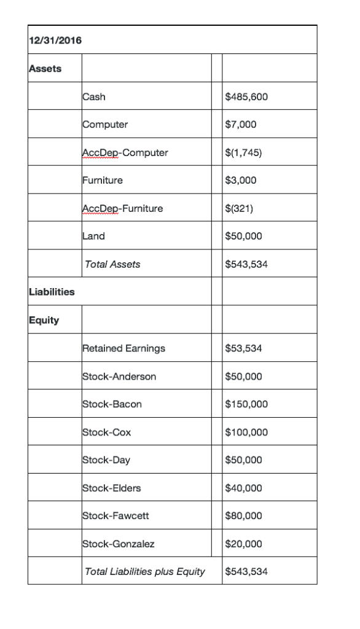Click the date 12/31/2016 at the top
[x=55, y=41]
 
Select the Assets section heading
[x=45, y=68]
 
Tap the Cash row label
[x=93, y=96]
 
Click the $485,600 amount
[x=247, y=96]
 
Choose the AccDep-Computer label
[x=125, y=152]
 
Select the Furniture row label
[x=102, y=180]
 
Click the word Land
[x=93, y=236]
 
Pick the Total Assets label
[x=112, y=264]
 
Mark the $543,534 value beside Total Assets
[x=247, y=264]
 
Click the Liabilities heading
[x=52, y=292]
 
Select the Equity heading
[x=44, y=320]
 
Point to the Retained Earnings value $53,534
[x=244, y=348]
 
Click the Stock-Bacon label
[x=112, y=404]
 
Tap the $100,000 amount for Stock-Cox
[x=247, y=432]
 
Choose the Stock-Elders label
[x=111, y=488]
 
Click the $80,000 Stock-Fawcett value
[x=244, y=516]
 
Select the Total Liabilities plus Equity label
[x=144, y=572]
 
